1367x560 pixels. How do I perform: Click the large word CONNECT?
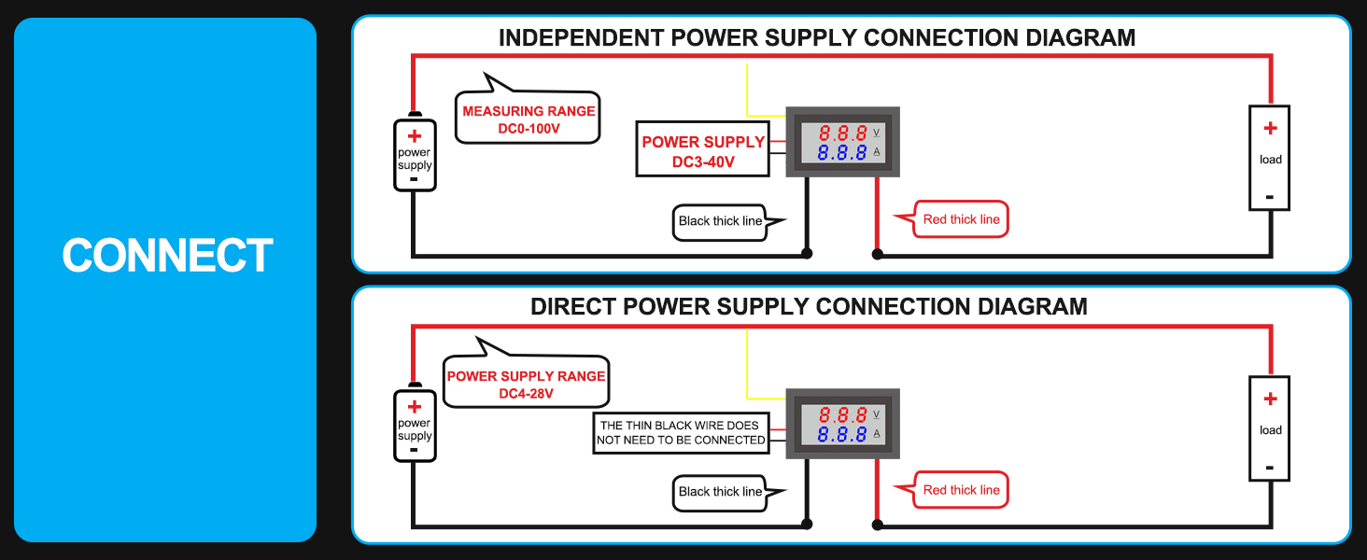167,256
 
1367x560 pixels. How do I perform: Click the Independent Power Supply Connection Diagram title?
816,38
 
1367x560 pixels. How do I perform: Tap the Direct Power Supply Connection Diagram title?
809,307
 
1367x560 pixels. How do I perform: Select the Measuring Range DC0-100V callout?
528,119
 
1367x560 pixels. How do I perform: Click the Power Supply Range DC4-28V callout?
526,384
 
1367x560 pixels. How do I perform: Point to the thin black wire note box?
682,432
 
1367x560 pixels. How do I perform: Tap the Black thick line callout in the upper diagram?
720,221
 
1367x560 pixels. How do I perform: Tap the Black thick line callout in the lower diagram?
720,492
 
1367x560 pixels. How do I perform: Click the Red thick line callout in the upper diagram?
961,219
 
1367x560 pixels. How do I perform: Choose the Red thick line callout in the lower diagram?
961,490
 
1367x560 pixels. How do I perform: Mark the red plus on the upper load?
1270,129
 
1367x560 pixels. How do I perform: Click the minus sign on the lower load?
1270,467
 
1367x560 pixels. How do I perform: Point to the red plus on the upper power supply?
415,136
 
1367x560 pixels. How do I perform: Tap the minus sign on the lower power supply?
415,449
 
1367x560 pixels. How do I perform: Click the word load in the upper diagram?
1270,160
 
